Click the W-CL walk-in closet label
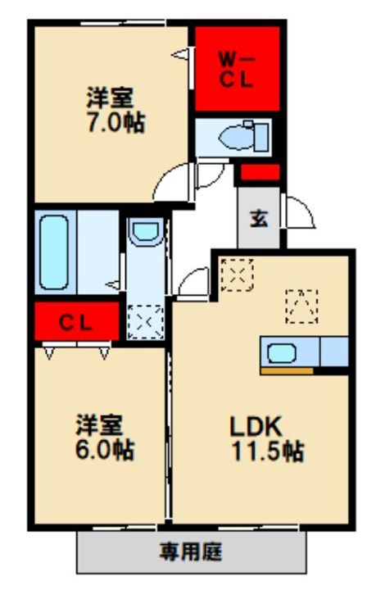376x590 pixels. click(237, 70)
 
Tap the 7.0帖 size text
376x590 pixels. click(116, 122)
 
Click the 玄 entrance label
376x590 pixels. click(259, 218)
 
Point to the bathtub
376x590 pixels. click(54, 252)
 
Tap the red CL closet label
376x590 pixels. click(75, 323)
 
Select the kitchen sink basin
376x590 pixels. click(281, 353)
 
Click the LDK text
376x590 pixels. click(256, 428)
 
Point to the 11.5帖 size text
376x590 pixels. click(267, 451)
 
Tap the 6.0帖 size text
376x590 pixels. click(105, 450)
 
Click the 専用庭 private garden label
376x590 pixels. click(191, 551)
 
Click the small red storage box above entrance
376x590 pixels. click(260, 172)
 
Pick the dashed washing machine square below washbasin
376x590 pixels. click(146, 322)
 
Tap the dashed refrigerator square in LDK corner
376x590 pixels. click(237, 275)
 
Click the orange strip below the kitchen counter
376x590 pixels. click(287, 371)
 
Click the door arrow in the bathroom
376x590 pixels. click(112, 285)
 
